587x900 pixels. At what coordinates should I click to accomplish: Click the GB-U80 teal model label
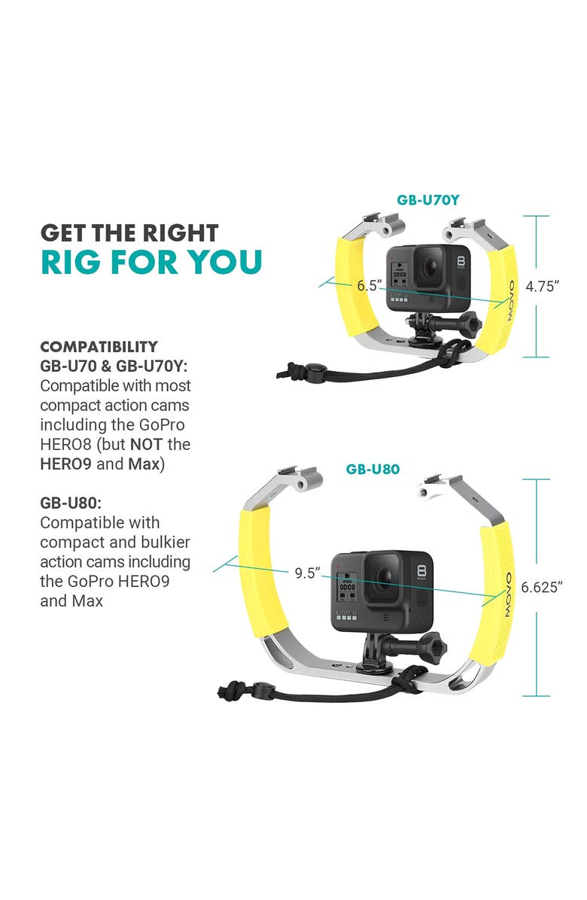click(x=373, y=469)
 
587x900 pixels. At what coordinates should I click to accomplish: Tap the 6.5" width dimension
click(x=370, y=286)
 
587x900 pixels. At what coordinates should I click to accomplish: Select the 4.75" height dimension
click(x=543, y=286)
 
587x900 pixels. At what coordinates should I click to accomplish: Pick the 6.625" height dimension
click(x=542, y=587)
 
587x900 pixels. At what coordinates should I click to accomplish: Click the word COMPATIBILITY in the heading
click(x=99, y=347)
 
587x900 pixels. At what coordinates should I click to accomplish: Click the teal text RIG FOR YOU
click(x=151, y=261)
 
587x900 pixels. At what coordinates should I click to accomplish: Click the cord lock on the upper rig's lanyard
click(x=312, y=369)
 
